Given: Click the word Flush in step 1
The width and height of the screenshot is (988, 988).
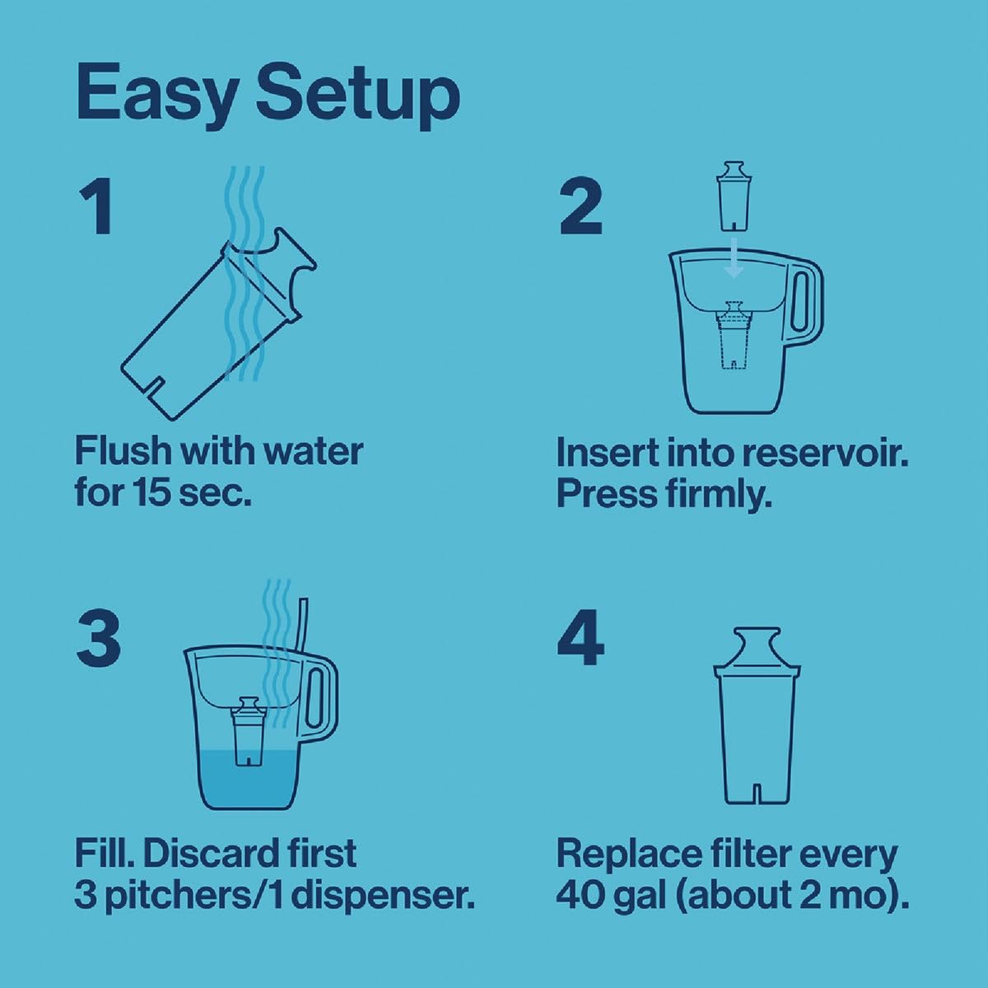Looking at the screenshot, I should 123,451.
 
